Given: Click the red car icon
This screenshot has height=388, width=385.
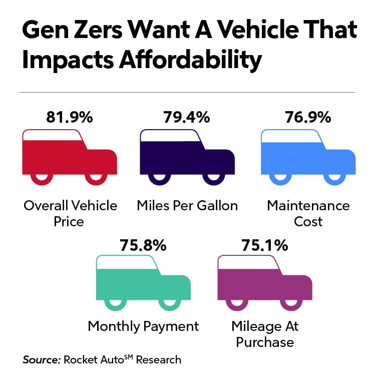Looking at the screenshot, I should [70, 156].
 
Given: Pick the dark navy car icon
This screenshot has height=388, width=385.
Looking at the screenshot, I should [187, 156].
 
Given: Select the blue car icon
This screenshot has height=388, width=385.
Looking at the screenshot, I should [308, 156].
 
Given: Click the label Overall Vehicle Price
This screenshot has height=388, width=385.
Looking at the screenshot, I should [70, 213].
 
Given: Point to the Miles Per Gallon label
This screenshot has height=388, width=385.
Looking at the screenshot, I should [187, 205].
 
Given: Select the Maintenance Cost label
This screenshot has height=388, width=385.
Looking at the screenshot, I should [308, 213].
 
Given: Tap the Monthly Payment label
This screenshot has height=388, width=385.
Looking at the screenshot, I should [143, 326].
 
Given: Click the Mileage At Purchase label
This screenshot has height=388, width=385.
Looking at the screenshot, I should [265, 334].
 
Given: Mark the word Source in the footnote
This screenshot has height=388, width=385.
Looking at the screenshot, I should [41, 359].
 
